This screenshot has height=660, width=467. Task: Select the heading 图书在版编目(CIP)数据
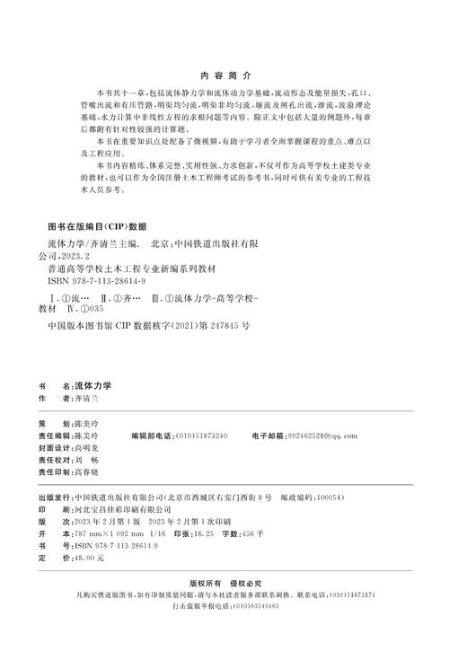(x=95, y=225)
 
